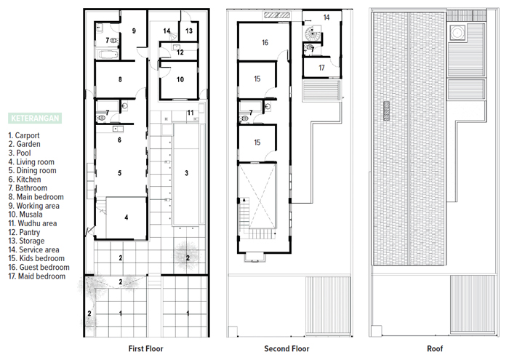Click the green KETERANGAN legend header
pos(35,118)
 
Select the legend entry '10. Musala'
pos(25,215)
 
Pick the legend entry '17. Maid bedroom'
pos(37,276)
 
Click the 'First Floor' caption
pos(145,348)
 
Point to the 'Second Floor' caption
pos(286,348)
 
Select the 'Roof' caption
pos(435,348)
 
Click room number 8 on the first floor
pos(120,79)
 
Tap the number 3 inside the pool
pos(187,173)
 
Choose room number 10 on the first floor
pos(180,79)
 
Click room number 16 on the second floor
pos(265,42)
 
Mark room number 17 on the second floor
pos(321,68)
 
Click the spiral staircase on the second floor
pos(312,33)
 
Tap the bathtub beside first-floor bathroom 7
pos(108,55)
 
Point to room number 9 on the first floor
pos(134,31)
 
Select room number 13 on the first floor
pos(189,31)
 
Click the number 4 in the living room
pos(127,217)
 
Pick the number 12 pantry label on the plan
pos(180,52)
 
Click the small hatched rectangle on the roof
pos(386,111)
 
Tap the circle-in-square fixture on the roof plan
pos(457,33)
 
